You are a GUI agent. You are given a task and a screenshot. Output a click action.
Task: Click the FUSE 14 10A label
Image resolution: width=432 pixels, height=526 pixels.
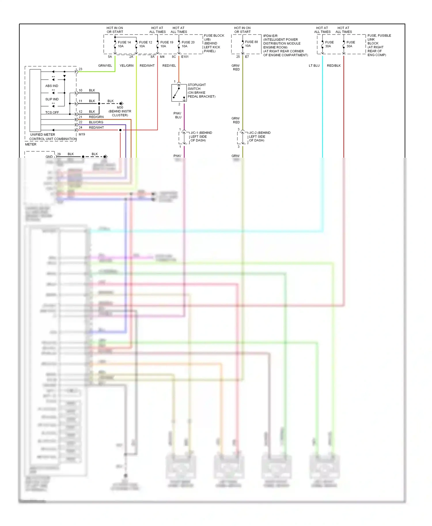click(124, 44)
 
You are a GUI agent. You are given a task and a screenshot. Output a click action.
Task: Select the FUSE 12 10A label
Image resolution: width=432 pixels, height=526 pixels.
click(145, 44)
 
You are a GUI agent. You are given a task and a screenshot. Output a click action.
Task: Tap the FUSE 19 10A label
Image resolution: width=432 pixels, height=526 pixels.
click(167, 44)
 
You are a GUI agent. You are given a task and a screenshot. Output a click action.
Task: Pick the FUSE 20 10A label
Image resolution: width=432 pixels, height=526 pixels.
click(188, 44)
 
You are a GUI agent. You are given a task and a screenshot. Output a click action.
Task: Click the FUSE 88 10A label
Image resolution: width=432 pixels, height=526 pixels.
click(251, 44)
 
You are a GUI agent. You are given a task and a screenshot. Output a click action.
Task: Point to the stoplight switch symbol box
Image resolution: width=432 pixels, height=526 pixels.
click(179, 93)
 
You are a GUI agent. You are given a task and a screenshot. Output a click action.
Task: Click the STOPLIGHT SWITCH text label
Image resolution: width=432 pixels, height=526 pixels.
click(197, 87)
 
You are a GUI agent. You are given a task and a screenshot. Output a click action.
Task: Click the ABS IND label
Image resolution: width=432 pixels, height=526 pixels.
click(52, 86)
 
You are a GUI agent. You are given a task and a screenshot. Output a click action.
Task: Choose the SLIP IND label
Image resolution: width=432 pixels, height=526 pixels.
click(52, 99)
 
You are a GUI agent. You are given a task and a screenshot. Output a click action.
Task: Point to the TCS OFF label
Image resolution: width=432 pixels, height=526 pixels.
click(52, 112)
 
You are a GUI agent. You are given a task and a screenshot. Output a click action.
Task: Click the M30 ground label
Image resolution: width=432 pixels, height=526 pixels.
click(120, 107)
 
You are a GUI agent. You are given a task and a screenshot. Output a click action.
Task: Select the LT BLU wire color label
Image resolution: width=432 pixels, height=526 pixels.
click(314, 66)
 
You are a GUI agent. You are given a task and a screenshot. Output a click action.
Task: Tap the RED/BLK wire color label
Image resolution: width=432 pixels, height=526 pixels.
click(334, 66)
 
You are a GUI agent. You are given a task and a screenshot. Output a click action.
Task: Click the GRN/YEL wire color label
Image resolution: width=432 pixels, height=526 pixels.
click(105, 66)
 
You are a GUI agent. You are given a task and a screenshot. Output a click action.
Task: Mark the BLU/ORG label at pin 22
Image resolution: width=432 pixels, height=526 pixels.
click(96, 122)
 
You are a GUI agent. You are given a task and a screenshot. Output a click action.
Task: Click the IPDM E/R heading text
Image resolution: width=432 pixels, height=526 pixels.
click(270, 36)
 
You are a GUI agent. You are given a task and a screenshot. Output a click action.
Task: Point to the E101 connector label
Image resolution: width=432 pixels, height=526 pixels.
click(185, 57)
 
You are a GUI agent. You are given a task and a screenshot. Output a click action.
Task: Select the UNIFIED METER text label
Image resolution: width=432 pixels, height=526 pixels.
click(43, 134)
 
